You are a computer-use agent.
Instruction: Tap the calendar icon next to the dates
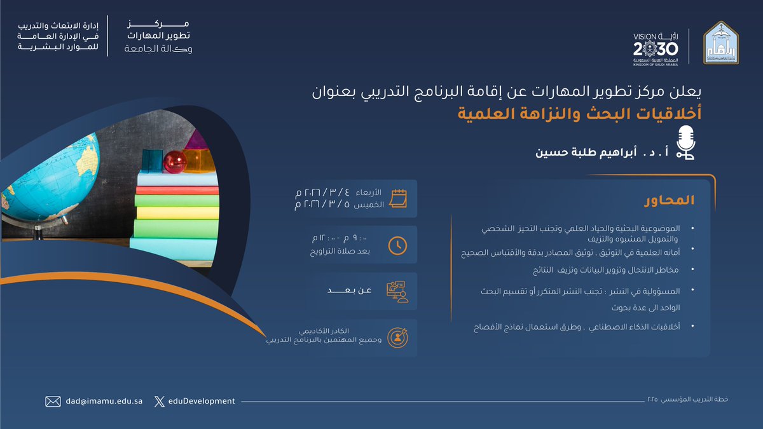click(398, 198)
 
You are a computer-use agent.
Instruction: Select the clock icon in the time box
click(398, 245)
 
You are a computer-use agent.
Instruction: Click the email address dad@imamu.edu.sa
click(103, 401)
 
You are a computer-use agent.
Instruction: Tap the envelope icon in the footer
click(53, 401)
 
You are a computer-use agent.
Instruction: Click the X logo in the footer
click(159, 401)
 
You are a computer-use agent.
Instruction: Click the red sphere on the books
click(175, 161)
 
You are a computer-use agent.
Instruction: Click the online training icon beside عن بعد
click(398, 291)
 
